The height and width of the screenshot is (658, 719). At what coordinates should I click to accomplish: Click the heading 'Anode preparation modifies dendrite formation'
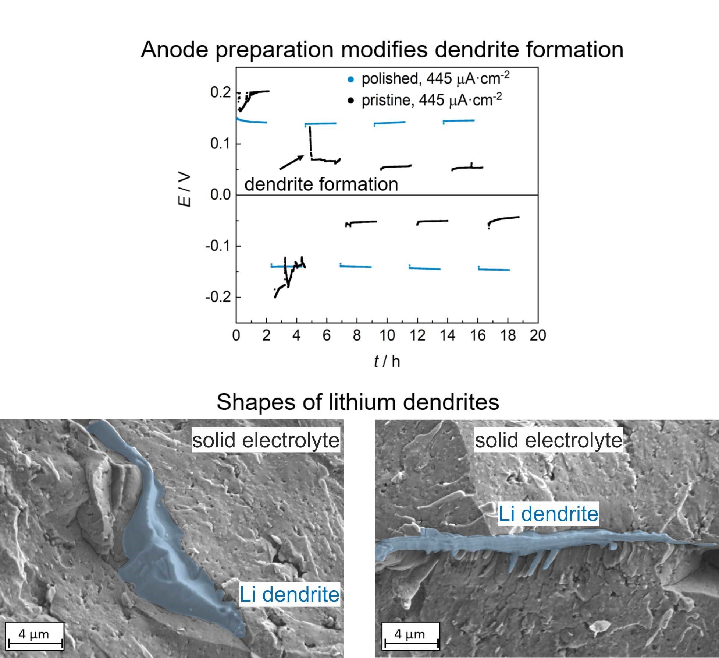coord(382,49)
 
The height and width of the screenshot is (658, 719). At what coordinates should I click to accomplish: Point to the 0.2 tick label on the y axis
coord(220,92)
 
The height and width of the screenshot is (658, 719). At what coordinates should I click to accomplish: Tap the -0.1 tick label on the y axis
coord(218,246)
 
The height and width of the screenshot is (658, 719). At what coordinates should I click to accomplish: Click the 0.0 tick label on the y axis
coord(220,194)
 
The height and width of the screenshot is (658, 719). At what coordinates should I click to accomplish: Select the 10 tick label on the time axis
coord(387,335)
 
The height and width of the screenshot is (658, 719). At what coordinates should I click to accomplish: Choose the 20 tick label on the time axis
coord(538,335)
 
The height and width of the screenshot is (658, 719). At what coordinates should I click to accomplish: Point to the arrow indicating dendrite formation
coord(292,162)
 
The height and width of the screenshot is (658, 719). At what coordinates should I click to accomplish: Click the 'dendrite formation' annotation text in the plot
coord(321,184)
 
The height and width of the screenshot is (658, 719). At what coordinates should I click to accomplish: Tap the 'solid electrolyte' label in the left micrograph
coord(266,440)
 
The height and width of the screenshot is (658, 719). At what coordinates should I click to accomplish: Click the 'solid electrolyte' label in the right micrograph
coord(549,440)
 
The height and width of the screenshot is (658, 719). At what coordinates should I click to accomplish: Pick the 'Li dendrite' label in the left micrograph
coord(289,594)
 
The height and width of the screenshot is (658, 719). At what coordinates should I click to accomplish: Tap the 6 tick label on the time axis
coord(327,335)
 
